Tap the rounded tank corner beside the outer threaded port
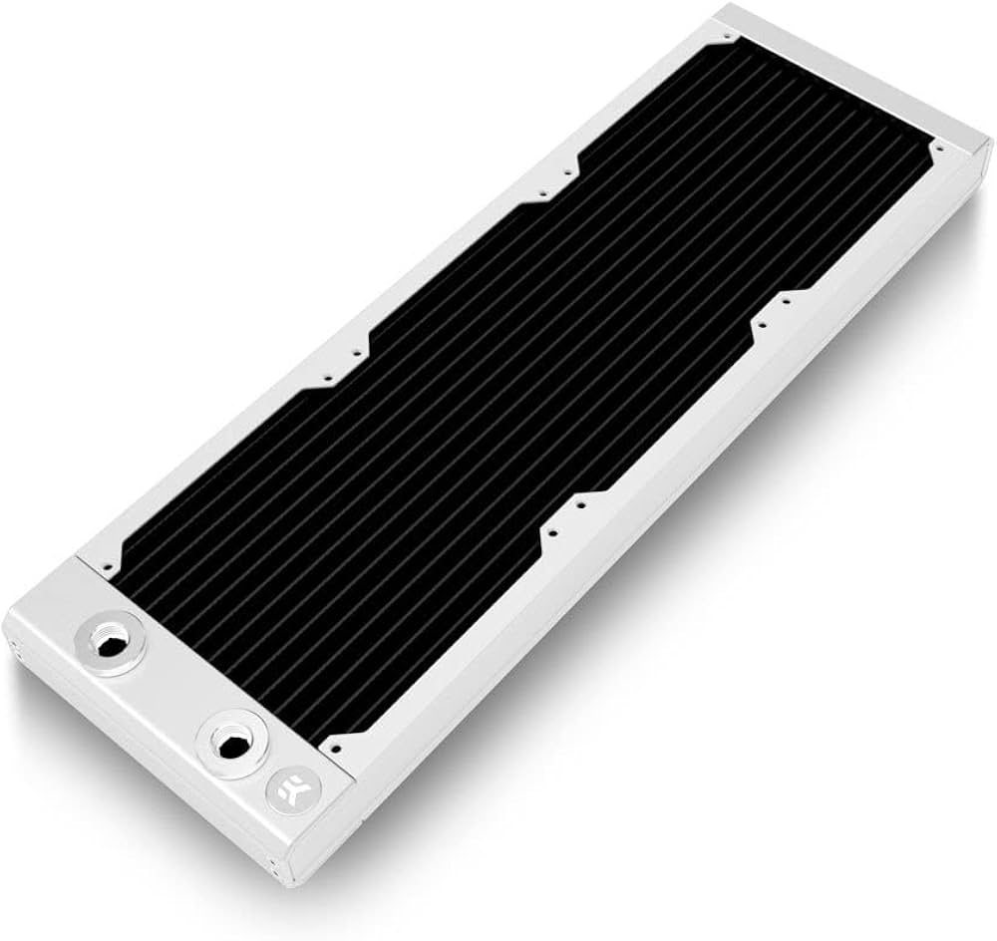pos(22,638)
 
